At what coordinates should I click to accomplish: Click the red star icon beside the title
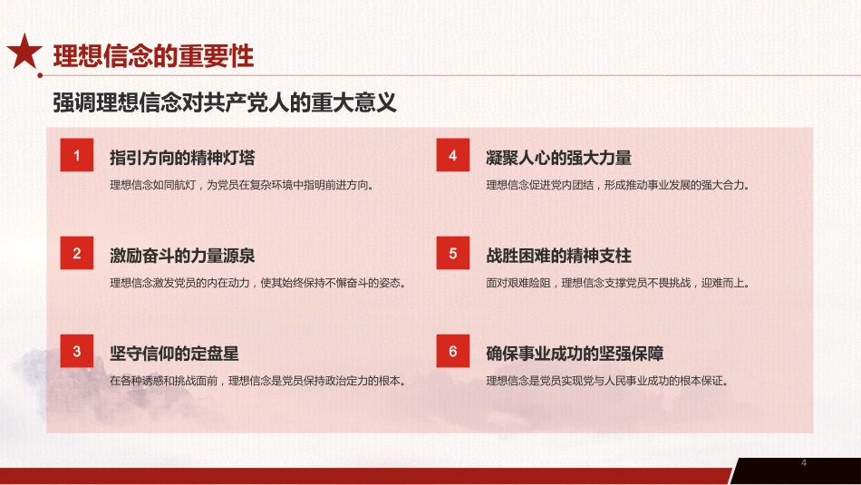(24, 53)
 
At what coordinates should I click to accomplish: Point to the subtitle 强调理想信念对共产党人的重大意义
(225, 102)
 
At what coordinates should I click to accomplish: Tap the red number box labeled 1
(77, 156)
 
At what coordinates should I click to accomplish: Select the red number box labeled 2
(77, 254)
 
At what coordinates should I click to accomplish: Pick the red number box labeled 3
(77, 352)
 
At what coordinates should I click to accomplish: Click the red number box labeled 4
(453, 156)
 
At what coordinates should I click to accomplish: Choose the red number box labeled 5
(453, 254)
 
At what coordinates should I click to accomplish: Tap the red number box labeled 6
(453, 352)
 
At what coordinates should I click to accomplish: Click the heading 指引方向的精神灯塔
(182, 158)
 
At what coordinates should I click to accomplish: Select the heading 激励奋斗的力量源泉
(182, 256)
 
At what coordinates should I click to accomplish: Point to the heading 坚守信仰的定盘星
(174, 354)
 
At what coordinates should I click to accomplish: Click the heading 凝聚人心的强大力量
(558, 158)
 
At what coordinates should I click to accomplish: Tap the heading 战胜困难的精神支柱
(558, 256)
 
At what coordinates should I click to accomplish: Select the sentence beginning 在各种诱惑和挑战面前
(256, 380)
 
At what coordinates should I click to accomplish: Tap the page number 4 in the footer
(804, 464)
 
